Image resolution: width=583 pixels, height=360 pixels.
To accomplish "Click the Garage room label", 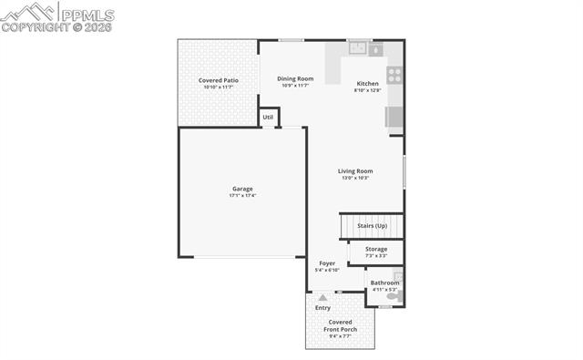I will [242, 189].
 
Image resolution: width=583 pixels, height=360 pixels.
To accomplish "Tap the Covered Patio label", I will [219, 80].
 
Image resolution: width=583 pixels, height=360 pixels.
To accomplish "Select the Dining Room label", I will [295, 78].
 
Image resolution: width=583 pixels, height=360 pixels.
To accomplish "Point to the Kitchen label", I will [367, 83].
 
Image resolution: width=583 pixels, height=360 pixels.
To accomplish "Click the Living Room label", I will [355, 170].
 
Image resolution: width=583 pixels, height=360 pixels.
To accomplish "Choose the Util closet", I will [268, 118].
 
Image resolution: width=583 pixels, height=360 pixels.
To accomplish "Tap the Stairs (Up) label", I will [372, 225].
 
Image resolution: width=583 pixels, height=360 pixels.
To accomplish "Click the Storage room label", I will [376, 249].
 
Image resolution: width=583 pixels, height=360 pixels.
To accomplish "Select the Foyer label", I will [327, 263].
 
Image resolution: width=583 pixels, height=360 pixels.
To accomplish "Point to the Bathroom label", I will [384, 283].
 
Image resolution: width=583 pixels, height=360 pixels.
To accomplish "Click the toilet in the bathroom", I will [394, 296].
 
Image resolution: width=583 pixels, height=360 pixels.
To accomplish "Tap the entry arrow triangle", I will [322, 297].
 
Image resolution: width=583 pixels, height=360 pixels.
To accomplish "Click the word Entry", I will [322, 308].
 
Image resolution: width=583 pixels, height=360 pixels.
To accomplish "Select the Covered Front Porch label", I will [341, 325].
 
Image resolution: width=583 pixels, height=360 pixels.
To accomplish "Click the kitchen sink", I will [358, 49].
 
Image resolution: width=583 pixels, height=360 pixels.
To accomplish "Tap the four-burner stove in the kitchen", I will [395, 76].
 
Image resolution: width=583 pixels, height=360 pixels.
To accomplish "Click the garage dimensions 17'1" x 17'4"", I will [242, 195].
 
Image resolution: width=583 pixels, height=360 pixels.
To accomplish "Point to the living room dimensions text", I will [355, 178].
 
